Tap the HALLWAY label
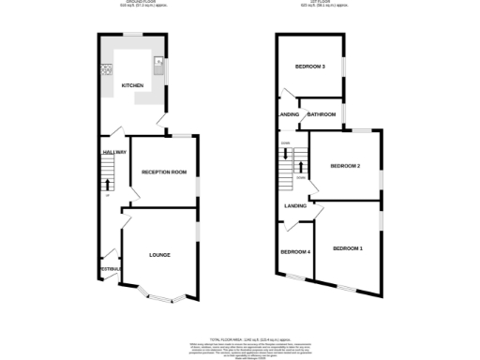(113, 151)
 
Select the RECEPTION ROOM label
(164, 172)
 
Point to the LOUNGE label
(158, 254)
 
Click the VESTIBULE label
(111, 269)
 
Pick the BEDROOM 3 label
(309, 67)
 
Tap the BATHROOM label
(322, 114)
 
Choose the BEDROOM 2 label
(345, 166)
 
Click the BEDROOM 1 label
(347, 247)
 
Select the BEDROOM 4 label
(295, 252)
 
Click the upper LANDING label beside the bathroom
(289, 114)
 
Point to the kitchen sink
(159, 66)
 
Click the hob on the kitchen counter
(106, 68)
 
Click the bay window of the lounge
(158, 298)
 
